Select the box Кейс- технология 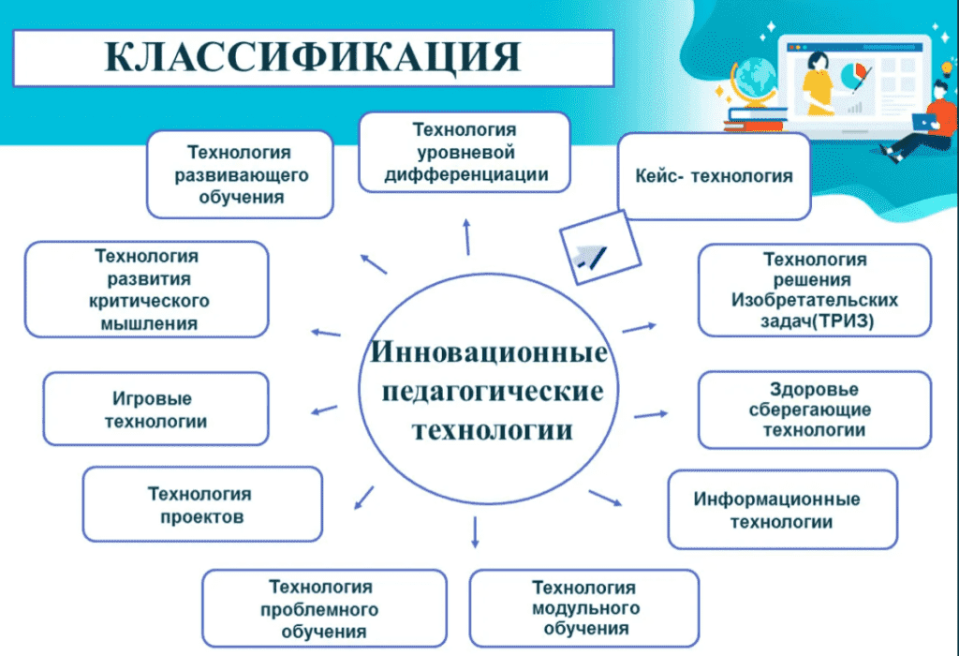tap(714, 176)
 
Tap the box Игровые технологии tap(155, 410)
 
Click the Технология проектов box tap(201, 505)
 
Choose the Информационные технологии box tap(782, 510)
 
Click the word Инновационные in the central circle tap(490, 354)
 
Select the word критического tap(147, 301)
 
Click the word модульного tap(583, 608)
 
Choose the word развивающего tap(240, 175)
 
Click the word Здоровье tap(814, 389)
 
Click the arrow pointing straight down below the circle tap(475, 531)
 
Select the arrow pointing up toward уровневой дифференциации tap(466, 234)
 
